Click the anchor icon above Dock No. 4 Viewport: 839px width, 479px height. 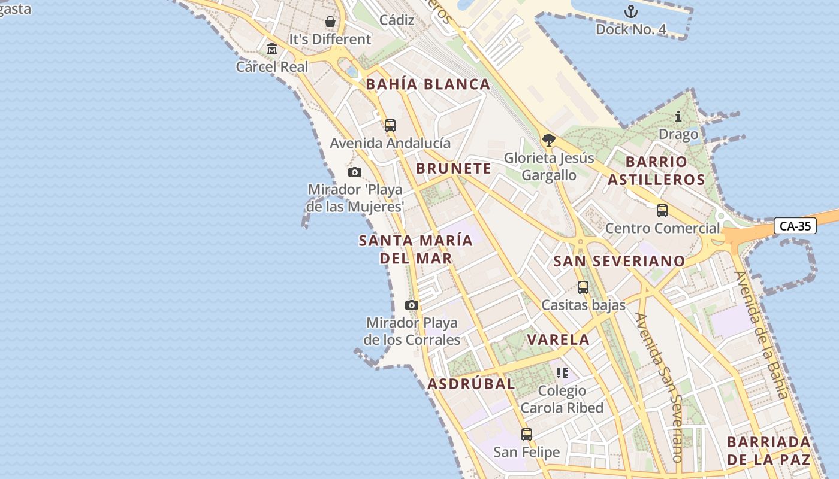tap(630, 11)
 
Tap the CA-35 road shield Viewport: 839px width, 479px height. tap(795, 226)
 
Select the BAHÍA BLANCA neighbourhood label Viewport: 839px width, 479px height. tap(428, 84)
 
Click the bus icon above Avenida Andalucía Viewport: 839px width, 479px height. tap(390, 126)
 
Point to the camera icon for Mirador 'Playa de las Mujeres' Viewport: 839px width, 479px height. tap(355, 172)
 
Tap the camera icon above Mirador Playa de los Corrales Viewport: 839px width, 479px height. tap(412, 305)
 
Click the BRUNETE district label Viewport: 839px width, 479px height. tap(454, 169)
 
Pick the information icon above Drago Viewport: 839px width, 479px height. tap(678, 116)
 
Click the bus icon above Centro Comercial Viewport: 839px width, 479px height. tap(662, 211)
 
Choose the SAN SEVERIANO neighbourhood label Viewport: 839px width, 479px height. tap(619, 261)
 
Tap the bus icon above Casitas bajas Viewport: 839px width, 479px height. tap(583, 287)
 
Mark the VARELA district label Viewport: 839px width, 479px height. tap(558, 339)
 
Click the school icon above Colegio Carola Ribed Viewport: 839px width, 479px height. tap(562, 373)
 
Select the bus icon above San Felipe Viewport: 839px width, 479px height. tap(526, 435)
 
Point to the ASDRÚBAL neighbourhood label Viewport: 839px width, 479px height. tap(471, 384)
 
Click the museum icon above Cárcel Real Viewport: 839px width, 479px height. tap(272, 48)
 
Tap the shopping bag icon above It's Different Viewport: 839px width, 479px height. tap(330, 22)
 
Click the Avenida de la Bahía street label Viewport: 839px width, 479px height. tap(762, 335)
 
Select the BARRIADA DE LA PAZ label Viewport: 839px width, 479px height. tap(768, 451)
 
